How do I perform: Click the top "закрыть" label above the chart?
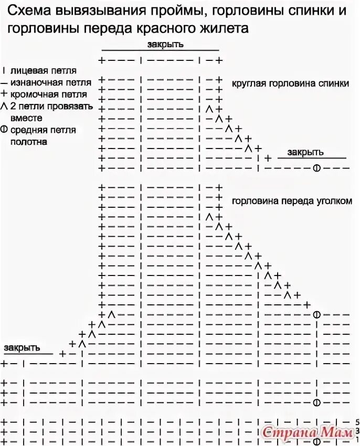pyautogui.click(x=165, y=45)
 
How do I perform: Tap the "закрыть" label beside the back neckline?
pyautogui.click(x=305, y=152)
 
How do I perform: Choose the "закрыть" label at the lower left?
pyautogui.click(x=21, y=348)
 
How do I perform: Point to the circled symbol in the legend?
pyautogui.click(x=5, y=130)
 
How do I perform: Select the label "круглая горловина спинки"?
pyautogui.click(x=290, y=83)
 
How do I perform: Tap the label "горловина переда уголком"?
pyautogui.click(x=291, y=200)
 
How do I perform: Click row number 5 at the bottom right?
pyautogui.click(x=357, y=422)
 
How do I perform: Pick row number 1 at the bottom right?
pyautogui.click(x=357, y=439)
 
